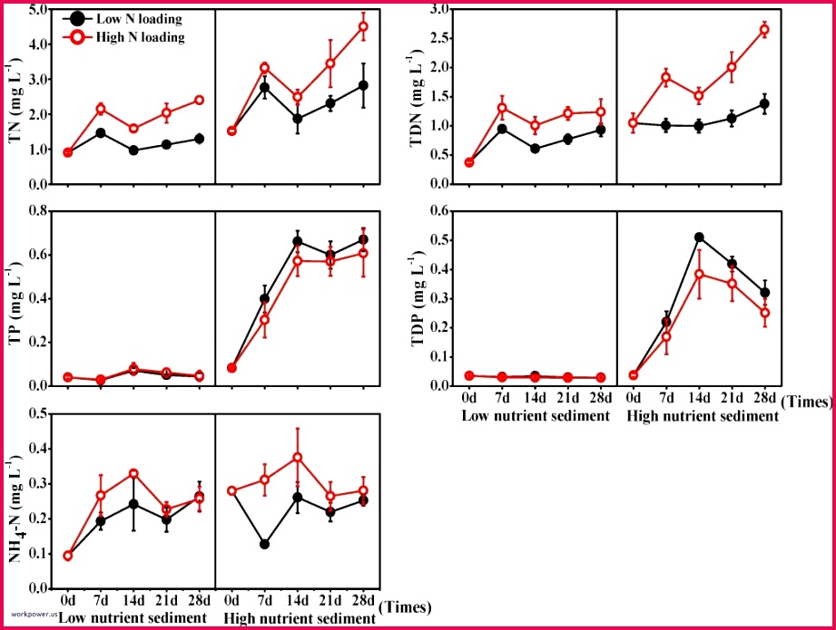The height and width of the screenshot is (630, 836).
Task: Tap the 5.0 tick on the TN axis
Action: (x=36, y=10)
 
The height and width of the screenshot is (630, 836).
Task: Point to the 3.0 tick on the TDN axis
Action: (x=438, y=10)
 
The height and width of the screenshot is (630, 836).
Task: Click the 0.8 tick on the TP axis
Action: (x=36, y=211)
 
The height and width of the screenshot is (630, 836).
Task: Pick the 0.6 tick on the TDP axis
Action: (x=438, y=211)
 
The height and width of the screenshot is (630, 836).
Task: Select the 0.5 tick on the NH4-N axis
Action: (x=36, y=413)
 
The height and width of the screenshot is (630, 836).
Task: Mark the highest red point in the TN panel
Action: (x=363, y=26)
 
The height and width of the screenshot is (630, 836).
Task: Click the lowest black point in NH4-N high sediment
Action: (x=264, y=544)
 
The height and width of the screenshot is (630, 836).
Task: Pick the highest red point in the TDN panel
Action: (x=764, y=30)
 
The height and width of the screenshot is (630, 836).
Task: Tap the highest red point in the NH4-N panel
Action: (x=297, y=458)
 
